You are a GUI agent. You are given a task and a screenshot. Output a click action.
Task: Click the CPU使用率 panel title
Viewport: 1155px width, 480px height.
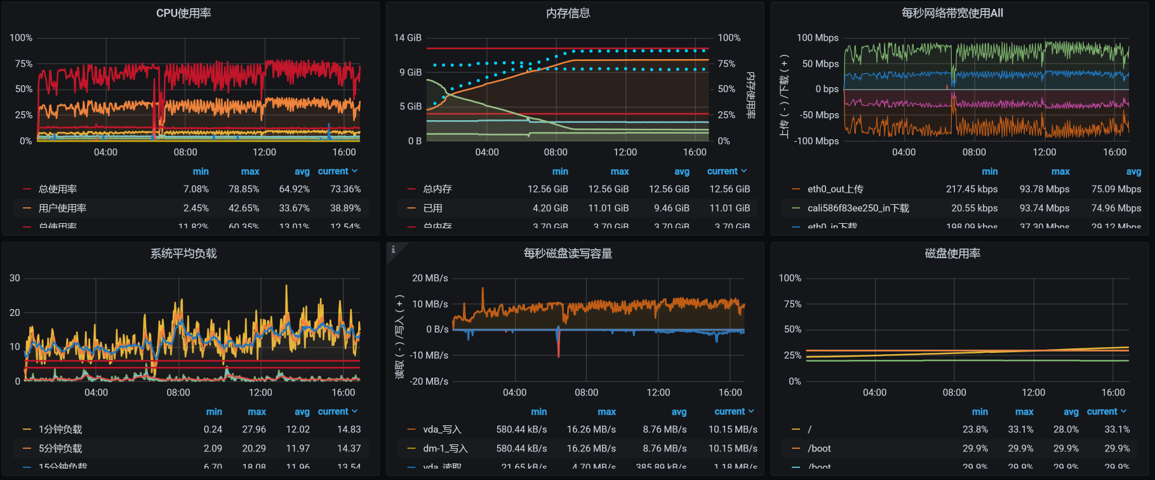(184, 13)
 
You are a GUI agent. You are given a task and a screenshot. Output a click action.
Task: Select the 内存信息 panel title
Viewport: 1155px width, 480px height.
(568, 13)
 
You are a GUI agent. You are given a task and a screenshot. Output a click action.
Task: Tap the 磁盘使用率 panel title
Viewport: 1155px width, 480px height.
(952, 254)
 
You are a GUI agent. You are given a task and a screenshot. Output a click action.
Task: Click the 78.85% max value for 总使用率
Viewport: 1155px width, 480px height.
(244, 189)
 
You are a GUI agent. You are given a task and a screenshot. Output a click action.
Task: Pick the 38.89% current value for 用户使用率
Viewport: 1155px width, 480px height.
(345, 208)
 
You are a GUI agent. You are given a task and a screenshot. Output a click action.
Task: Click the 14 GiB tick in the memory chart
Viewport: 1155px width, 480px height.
(408, 38)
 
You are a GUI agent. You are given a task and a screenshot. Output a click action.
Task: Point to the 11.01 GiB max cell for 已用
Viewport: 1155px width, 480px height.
(608, 208)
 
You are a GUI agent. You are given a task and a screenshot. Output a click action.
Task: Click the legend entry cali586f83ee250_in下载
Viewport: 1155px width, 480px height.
(858, 208)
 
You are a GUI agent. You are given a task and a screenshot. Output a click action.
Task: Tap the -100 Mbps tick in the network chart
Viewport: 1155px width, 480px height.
(817, 141)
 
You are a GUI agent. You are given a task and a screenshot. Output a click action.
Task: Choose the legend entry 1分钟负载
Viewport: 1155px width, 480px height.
(60, 429)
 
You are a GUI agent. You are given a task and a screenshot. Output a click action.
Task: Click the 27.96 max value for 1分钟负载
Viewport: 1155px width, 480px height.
(254, 429)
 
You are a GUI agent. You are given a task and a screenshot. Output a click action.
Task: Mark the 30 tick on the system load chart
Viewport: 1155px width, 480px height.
(15, 278)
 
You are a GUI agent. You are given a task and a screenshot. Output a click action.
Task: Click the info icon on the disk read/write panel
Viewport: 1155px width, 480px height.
(393, 249)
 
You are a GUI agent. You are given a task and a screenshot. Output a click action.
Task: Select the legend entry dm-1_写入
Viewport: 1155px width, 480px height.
(445, 448)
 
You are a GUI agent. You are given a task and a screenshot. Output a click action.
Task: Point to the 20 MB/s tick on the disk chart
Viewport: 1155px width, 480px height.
(430, 278)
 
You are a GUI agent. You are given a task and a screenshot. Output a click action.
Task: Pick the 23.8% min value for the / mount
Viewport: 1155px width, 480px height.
(975, 429)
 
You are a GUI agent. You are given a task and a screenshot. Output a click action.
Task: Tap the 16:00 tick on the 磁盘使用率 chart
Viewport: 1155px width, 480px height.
(1113, 392)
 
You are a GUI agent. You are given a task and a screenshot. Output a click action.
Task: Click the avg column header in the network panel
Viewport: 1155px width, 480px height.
(1133, 172)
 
